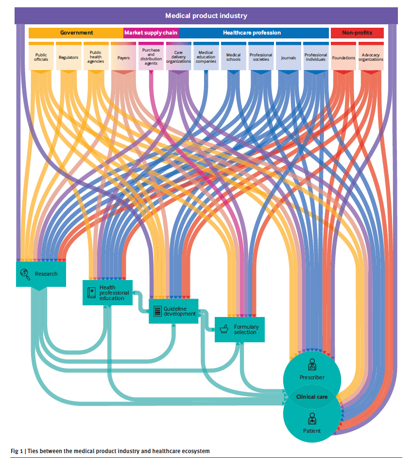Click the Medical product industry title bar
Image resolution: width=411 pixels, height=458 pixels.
click(206, 16)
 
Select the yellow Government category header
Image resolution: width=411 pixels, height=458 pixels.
click(76, 33)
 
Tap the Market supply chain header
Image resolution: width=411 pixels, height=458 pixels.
click(151, 33)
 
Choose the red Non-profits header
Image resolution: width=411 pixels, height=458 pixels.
click(357, 33)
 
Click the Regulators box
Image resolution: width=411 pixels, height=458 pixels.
click(68, 57)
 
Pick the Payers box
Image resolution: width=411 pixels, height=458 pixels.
click(123, 57)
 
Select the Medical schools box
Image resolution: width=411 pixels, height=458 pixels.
click(233, 57)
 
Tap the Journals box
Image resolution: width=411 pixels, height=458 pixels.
click(288, 57)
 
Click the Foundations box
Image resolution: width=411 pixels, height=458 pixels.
click(343, 57)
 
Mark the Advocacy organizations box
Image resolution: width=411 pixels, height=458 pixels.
click(371, 57)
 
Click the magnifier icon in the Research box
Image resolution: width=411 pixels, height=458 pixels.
click(25, 274)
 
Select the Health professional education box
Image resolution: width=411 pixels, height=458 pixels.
click(107, 293)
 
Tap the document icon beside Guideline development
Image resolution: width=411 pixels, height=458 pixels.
click(157, 311)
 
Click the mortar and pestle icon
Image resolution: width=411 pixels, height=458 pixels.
click(224, 329)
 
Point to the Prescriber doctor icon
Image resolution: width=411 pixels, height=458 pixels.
click(311, 364)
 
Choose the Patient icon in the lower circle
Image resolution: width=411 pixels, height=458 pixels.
click(311, 419)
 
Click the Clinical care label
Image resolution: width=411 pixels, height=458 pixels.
click(312, 397)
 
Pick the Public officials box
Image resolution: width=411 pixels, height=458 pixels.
click(41, 57)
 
